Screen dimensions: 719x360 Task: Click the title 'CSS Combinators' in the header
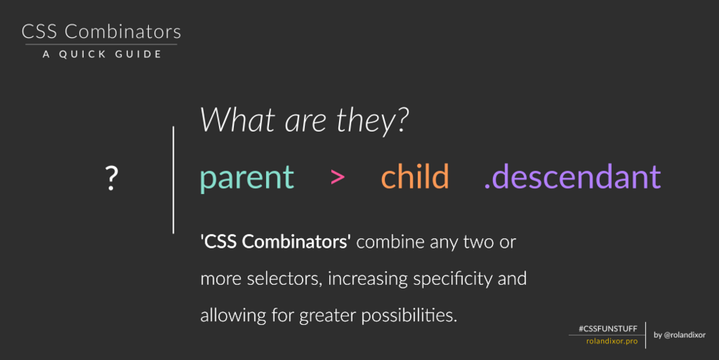click(102, 31)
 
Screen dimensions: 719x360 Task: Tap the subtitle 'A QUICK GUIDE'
click(102, 54)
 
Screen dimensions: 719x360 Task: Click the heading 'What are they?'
click(304, 121)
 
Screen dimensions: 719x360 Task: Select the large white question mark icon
click(112, 178)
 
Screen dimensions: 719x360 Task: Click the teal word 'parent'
click(247, 178)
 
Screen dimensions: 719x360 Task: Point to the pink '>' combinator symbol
click(338, 177)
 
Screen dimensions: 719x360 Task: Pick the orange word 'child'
click(415, 176)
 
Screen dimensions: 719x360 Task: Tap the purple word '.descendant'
click(573, 176)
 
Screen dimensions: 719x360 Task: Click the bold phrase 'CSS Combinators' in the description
click(275, 242)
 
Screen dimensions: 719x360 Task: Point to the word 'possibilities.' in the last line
click(409, 316)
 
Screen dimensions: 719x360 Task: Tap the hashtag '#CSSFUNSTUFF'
click(608, 329)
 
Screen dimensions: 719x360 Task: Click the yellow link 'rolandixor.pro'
click(612, 341)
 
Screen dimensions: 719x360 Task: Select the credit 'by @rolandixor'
click(680, 335)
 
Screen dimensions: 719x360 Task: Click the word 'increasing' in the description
click(367, 279)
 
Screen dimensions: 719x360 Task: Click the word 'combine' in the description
click(390, 242)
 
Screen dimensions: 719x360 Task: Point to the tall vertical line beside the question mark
click(173, 180)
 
